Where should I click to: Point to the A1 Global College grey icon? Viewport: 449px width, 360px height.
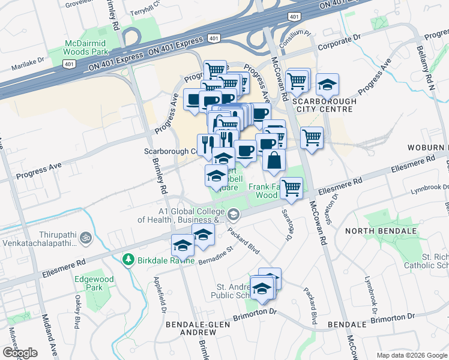tap(233, 214)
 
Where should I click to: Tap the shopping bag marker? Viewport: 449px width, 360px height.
tap(274, 161)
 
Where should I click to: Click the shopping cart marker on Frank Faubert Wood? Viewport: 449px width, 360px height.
tap(291, 187)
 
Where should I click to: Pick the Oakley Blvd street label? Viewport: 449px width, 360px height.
tap(77, 313)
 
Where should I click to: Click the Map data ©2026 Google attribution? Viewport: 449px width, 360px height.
tap(412, 355)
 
